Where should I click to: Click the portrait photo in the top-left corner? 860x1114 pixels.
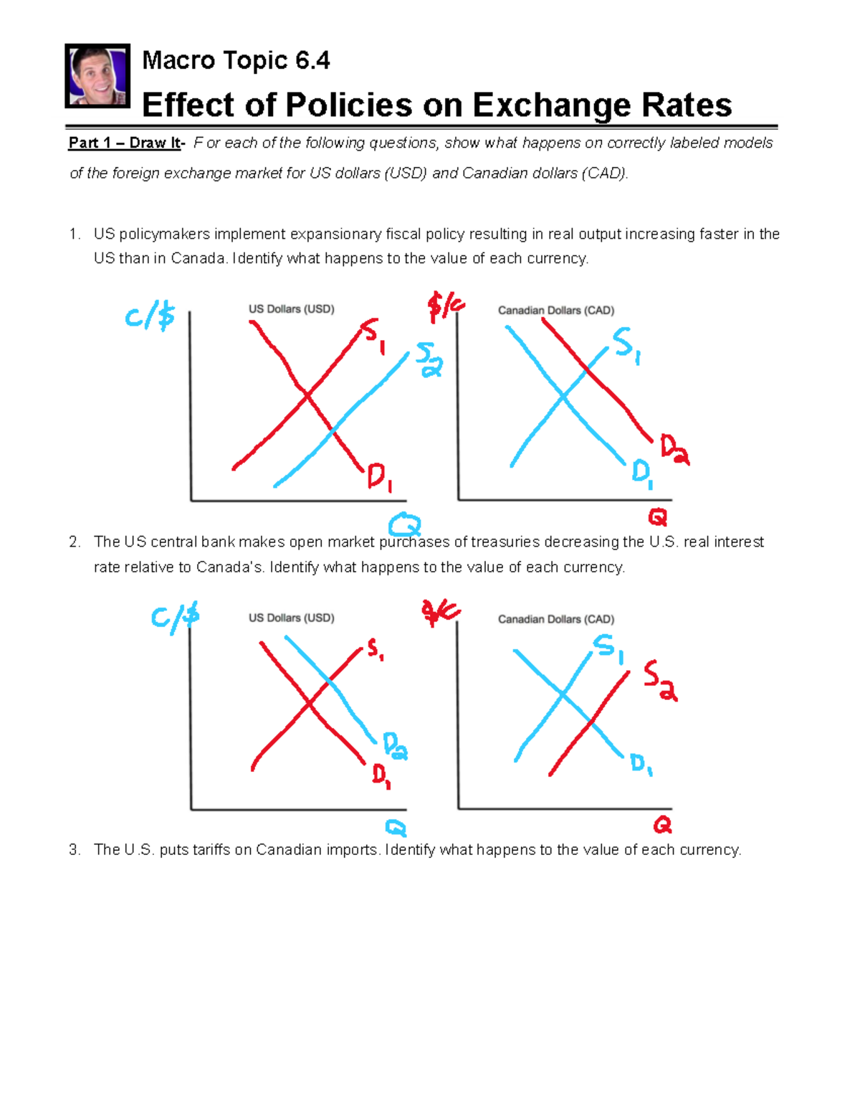tap(97, 75)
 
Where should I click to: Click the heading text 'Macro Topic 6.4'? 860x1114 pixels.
tap(236, 60)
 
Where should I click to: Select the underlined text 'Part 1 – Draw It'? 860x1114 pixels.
tap(125, 143)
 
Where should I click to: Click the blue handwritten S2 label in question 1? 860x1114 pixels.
tap(429, 359)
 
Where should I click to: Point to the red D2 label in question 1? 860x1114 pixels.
tap(674, 450)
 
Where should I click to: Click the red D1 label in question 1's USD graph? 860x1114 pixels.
tap(379, 477)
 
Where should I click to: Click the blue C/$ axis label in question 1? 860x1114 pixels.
tap(149, 316)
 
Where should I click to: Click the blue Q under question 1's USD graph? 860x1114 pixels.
tap(405, 524)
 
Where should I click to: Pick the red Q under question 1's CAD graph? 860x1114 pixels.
tap(657, 516)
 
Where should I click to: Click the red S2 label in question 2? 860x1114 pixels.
tap(659, 680)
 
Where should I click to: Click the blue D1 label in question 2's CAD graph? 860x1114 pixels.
tap(641, 764)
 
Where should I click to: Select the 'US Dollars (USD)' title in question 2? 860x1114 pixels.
tap(291, 618)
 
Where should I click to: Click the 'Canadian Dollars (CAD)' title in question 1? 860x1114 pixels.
tap(556, 311)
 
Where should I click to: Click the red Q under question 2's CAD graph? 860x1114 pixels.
tap(662, 825)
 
